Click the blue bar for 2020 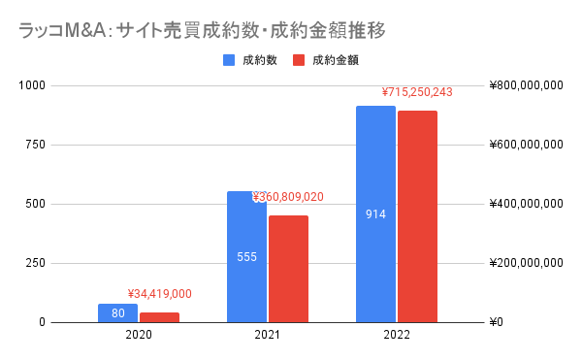point(117,312)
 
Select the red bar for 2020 point(159,317)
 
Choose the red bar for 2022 point(417,216)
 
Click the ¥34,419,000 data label point(160,294)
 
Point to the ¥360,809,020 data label point(289,197)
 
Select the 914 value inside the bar point(375,213)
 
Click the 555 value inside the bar point(246,257)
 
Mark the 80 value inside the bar point(117,313)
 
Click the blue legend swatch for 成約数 point(229,60)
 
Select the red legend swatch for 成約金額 point(299,60)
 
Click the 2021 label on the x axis point(268,335)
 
